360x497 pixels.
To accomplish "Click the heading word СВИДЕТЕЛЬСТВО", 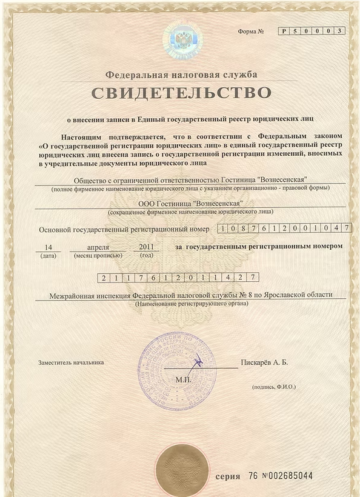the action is [181, 93].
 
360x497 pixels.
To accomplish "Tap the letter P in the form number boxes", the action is [284, 31].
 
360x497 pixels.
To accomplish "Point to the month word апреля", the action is [98, 246].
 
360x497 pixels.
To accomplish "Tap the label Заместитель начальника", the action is [70, 362].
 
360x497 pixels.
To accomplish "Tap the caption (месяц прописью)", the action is [98, 255].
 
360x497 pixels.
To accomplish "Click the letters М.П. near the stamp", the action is [182, 379].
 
